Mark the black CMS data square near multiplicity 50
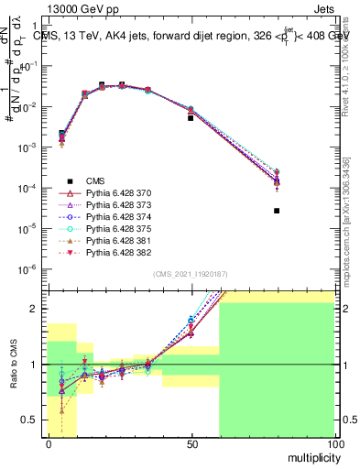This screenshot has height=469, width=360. click(x=191, y=118)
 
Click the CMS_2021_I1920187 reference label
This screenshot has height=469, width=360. click(x=189, y=274)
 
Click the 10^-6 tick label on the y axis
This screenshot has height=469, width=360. click(x=31, y=268)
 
